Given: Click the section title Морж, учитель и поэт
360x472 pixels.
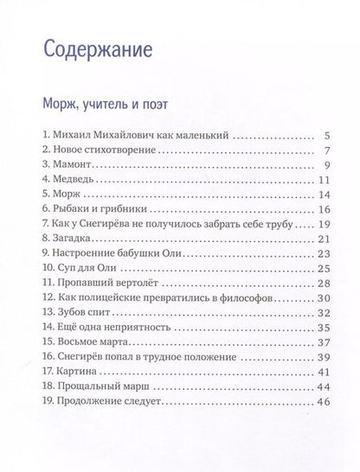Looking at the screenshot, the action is point(106,104).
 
